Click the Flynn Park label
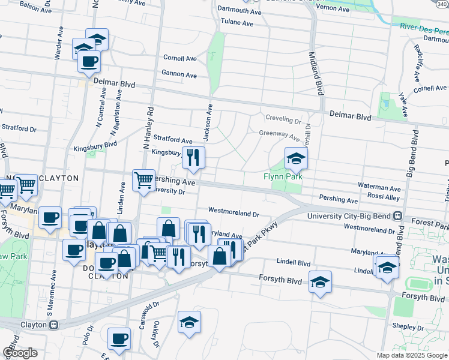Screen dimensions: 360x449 click(282, 177)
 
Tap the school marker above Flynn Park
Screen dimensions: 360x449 click(295, 160)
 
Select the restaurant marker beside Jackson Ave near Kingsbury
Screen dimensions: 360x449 click(193, 158)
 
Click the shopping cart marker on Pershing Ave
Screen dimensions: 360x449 click(143, 180)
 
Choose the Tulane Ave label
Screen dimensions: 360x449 click(237, 23)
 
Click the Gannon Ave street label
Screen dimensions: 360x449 click(179, 76)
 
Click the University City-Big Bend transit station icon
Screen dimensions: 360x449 click(397, 216)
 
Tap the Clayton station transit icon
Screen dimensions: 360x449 click(53, 325)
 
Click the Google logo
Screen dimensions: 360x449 click(20, 353)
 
